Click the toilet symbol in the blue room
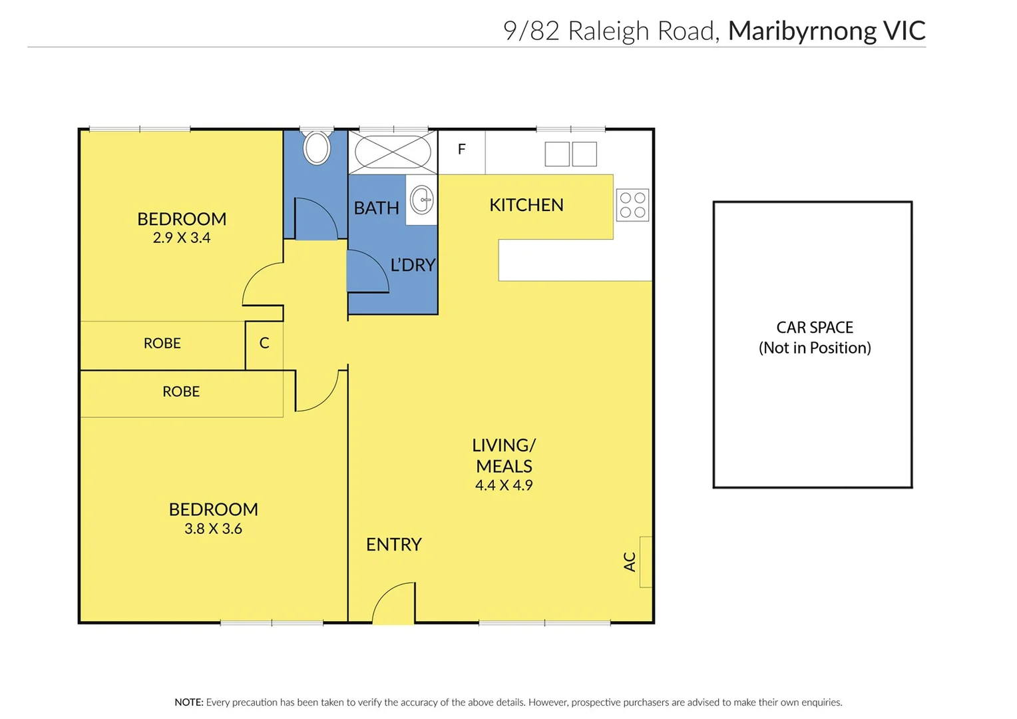point(317,147)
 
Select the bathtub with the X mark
point(393,152)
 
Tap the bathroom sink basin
point(422,200)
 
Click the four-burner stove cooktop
point(632,205)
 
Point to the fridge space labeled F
point(461,150)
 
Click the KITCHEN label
point(526,205)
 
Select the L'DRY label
point(413,265)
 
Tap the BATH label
point(376,208)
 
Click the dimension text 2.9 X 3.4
point(181,238)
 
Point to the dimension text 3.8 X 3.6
point(213,529)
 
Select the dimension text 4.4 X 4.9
point(504,485)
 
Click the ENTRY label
point(393,545)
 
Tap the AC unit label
point(630,561)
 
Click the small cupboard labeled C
point(264,343)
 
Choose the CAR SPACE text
point(815,328)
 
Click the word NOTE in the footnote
point(188,702)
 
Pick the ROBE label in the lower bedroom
point(181,391)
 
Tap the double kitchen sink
point(570,154)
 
